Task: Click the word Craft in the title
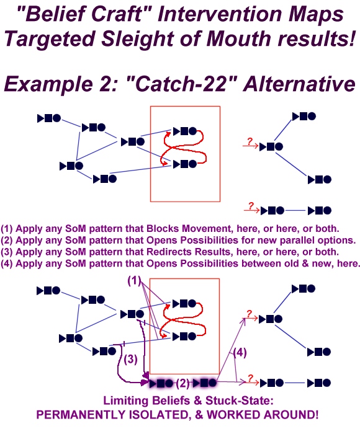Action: [116, 14]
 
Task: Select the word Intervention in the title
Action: [220, 14]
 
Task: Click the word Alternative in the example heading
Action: [299, 83]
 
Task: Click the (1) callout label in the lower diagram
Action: [134, 281]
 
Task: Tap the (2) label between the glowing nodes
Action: [182, 383]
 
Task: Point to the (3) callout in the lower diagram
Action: [130, 359]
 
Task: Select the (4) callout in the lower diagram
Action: [240, 352]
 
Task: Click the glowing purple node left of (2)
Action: [161, 384]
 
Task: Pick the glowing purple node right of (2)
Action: [205, 383]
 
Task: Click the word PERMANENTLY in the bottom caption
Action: [81, 415]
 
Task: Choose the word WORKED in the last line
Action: [233, 415]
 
